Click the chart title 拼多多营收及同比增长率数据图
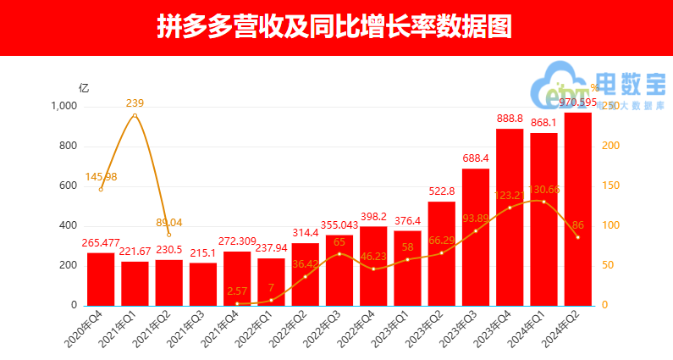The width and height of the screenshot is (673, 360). click(335, 27)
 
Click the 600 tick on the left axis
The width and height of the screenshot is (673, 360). click(69, 186)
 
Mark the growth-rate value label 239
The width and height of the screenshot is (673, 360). click(135, 103)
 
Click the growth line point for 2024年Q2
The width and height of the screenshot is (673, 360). click(578, 237)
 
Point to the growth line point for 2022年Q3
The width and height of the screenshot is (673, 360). click(339, 253)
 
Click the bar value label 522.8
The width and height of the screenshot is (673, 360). click(442, 192)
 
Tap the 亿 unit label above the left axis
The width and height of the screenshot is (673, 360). click(83, 87)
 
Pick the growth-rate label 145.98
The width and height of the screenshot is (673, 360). click(101, 176)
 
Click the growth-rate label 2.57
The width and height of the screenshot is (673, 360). click(237, 291)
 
